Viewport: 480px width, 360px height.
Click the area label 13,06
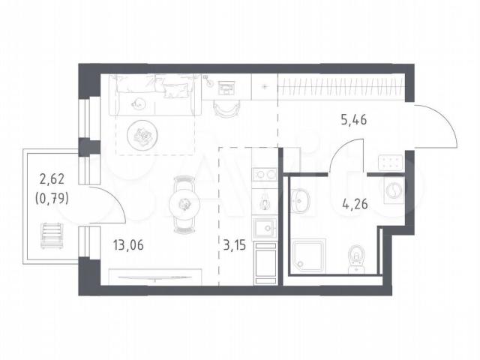tap(128, 245)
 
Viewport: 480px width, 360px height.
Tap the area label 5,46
tap(353, 120)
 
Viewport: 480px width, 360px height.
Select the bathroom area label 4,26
tap(355, 204)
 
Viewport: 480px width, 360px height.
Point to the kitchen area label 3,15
tap(235, 245)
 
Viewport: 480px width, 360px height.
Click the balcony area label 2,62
tap(52, 178)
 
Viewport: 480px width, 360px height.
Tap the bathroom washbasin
tap(300, 201)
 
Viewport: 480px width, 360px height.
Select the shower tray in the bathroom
tap(308, 256)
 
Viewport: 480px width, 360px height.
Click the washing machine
tap(394, 190)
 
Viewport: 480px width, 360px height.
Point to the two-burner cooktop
tap(265, 175)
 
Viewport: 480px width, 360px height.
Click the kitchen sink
tap(265, 228)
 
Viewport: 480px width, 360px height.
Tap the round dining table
tap(184, 205)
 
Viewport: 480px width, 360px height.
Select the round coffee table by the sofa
tap(142, 134)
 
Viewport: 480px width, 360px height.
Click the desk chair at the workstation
tap(226, 108)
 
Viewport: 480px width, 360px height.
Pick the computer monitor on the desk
tap(226, 88)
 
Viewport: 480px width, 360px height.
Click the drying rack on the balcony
tap(52, 236)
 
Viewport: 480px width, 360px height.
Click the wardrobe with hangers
tap(341, 86)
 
